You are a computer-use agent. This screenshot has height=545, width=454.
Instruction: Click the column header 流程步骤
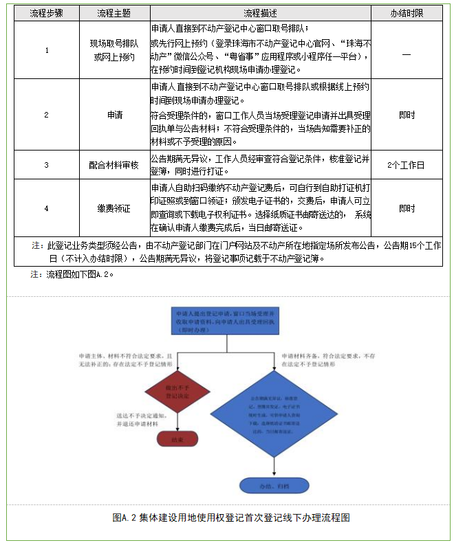(47, 14)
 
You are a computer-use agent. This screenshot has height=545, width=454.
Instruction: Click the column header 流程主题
(113, 14)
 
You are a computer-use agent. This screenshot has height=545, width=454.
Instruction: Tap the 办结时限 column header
(406, 14)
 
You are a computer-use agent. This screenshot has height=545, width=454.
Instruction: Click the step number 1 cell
(47, 51)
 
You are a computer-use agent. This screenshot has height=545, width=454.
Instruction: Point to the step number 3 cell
(47, 165)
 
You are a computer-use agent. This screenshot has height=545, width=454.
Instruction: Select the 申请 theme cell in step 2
(113, 115)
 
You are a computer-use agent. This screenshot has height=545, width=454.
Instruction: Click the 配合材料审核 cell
(113, 165)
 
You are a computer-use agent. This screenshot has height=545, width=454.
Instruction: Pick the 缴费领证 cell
(113, 208)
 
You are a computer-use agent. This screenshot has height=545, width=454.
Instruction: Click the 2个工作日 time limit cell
(406, 165)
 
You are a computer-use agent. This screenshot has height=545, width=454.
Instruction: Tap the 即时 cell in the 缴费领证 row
(406, 208)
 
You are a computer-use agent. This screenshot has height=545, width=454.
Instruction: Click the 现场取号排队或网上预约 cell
(113, 51)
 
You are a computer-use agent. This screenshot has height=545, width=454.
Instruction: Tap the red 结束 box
(176, 438)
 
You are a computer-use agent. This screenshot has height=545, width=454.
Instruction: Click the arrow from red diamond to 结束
(176, 423)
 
